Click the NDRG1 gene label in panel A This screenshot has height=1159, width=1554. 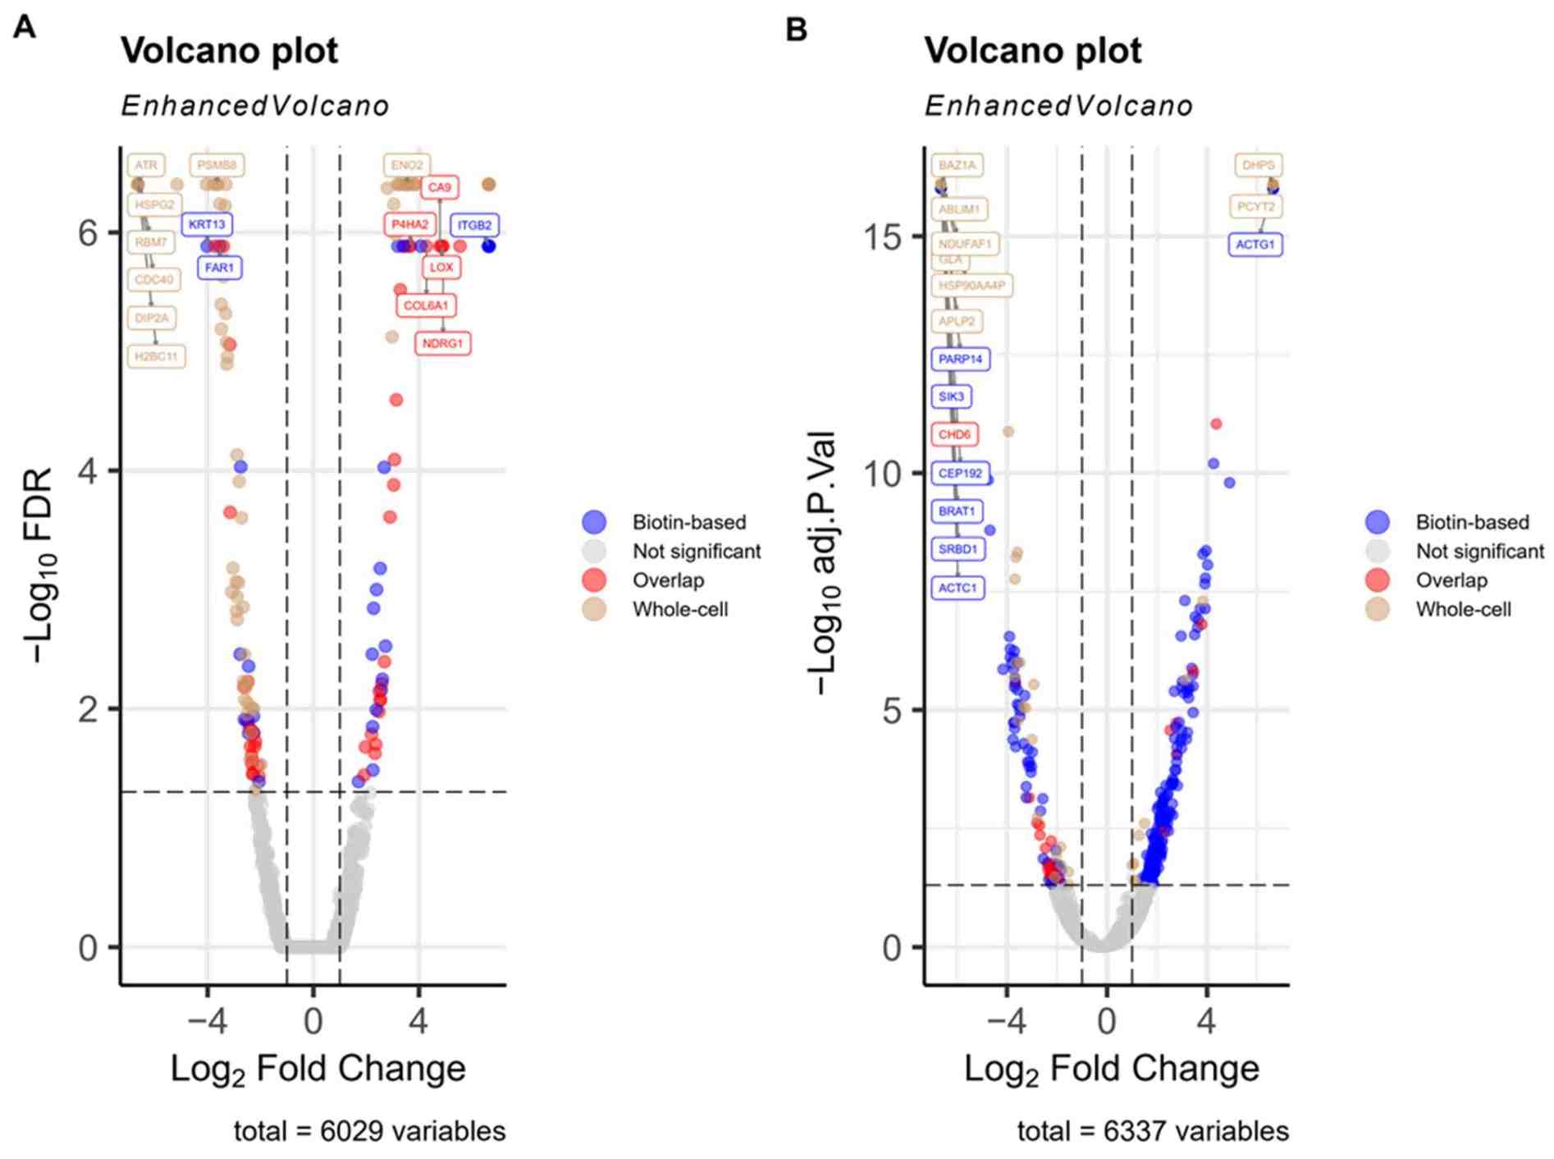click(442, 343)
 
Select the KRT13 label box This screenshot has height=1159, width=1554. click(206, 224)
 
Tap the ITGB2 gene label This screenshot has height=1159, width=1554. click(474, 225)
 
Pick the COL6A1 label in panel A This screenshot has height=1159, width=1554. click(426, 305)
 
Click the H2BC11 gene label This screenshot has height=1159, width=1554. click(156, 356)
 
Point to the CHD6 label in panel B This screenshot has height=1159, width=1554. click(954, 434)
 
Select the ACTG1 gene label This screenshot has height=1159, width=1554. click(1255, 245)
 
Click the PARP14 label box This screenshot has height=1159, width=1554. click(960, 359)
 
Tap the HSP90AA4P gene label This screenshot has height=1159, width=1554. click(971, 286)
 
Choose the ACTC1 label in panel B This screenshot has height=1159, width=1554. click(958, 588)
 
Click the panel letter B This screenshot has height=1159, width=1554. click(796, 30)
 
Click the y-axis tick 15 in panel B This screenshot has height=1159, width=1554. click(882, 237)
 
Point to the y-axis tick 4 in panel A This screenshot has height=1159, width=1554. click(89, 471)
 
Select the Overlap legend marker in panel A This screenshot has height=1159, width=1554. click(594, 580)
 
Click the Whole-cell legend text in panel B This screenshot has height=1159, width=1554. click(1463, 609)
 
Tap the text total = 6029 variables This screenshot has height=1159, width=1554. click(369, 1131)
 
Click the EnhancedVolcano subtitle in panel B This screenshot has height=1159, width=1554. click(1058, 106)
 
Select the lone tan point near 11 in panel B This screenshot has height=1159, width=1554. click(1008, 432)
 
